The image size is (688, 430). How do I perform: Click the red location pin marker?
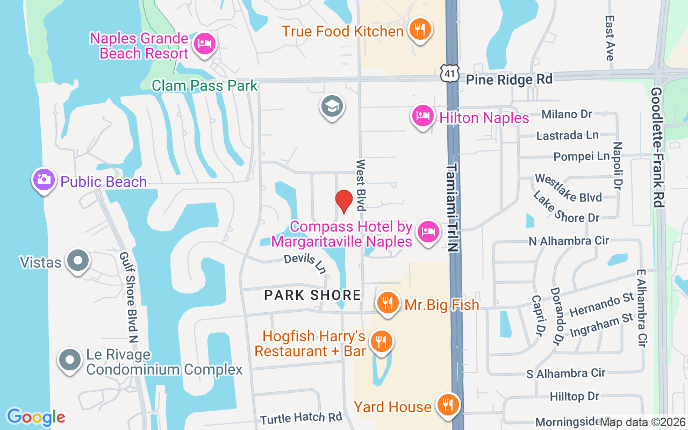tap(344, 201)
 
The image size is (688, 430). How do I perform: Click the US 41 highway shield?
tap(449, 74)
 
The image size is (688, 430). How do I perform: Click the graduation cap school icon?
tap(332, 106)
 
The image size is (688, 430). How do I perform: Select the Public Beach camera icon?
tap(44, 180)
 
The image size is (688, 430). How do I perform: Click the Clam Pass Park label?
tap(205, 85)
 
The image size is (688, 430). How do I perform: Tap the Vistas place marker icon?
tap(78, 261)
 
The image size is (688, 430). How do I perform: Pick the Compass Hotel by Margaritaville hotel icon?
tap(428, 232)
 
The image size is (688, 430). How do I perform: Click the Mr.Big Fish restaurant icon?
tap(387, 303)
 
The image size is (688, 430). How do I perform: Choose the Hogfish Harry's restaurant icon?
tap(382, 341)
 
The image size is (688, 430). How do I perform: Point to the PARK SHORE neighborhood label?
tap(313, 295)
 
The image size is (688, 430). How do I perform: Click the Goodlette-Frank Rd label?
tap(657, 148)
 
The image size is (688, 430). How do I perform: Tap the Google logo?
tap(36, 417)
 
